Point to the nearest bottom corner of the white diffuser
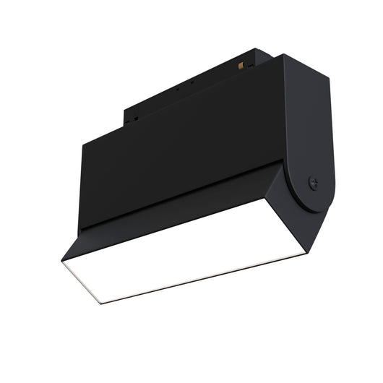(102, 303)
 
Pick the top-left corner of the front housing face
(82, 143)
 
